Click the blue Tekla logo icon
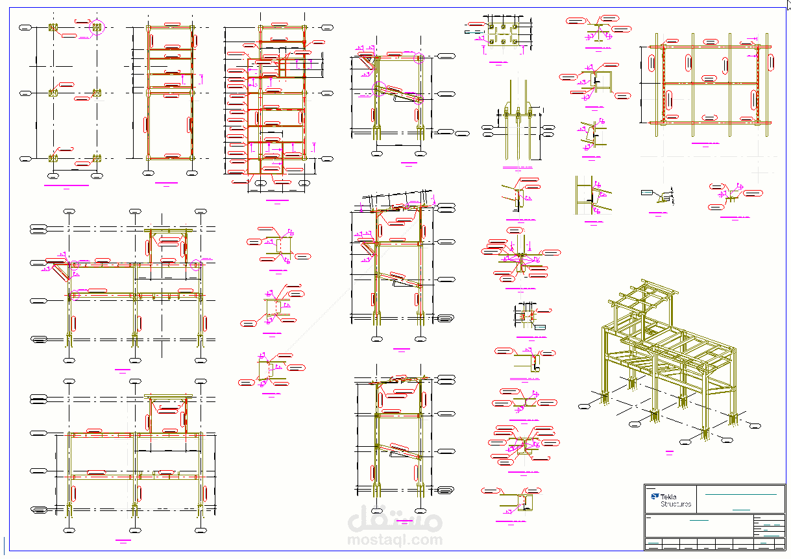tap(653, 497)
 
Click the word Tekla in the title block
tap(668, 497)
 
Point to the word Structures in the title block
tap(675, 504)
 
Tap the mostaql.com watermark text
tap(395, 539)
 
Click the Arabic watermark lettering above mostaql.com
tap(395, 519)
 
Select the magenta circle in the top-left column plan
tap(97, 27)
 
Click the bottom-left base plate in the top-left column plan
tap(53, 158)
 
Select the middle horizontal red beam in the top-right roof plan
tap(711, 83)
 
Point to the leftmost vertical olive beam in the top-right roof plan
tap(657, 84)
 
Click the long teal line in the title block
tap(740, 495)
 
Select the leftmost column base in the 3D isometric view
tap(606, 399)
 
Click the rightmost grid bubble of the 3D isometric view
tap(755, 425)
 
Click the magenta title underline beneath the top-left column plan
tap(66, 185)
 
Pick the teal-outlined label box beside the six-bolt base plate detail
tap(474, 30)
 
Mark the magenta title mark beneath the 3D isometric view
tap(669, 450)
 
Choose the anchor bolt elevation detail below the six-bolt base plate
tap(517, 123)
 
